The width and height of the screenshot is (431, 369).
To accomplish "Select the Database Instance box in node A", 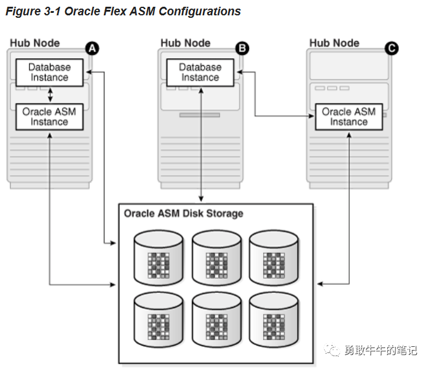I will [50, 72].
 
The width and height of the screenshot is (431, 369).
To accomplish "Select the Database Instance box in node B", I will [200, 72].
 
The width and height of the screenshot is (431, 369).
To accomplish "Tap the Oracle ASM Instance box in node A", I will [50, 117].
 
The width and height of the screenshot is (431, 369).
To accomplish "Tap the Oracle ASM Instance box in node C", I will [349, 117].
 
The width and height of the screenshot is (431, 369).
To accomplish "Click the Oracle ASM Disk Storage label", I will [183, 214].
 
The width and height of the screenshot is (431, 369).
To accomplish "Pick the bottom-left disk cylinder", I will [158, 319].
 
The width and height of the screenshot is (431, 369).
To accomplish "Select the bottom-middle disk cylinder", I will [216, 319].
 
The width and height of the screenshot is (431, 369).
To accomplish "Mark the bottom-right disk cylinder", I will [274, 319].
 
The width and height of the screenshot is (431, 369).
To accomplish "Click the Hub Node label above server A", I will [35, 43].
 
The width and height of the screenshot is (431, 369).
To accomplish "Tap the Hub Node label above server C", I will [334, 43].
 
